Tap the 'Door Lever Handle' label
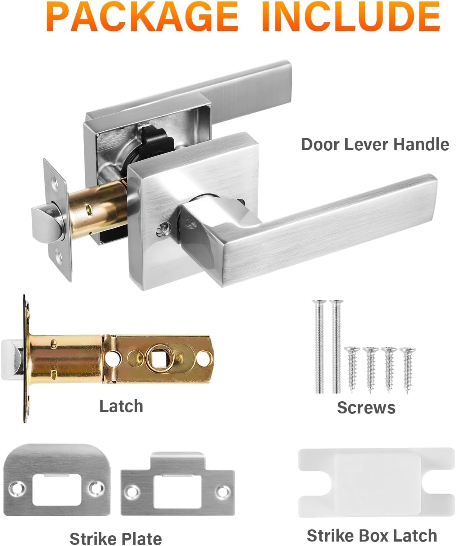(375, 144)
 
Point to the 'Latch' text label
(121, 406)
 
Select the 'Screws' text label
(366, 408)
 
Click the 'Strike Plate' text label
(115, 538)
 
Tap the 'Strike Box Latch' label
(372, 535)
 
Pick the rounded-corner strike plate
(57, 480)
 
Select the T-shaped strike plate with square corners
(177, 485)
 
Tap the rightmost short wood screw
(407, 369)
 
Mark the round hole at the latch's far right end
(203, 357)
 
